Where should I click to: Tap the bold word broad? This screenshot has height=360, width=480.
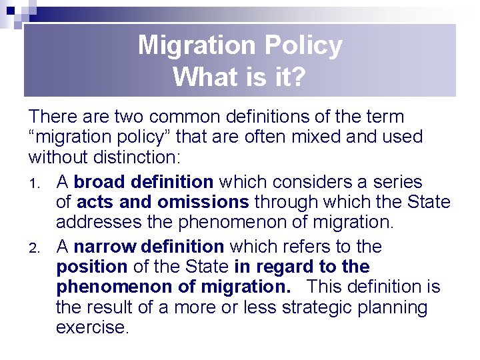(x=101, y=181)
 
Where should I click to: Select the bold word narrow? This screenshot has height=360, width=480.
(x=103, y=247)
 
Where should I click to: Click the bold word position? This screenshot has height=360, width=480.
(x=91, y=267)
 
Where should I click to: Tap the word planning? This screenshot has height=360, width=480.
(x=397, y=307)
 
